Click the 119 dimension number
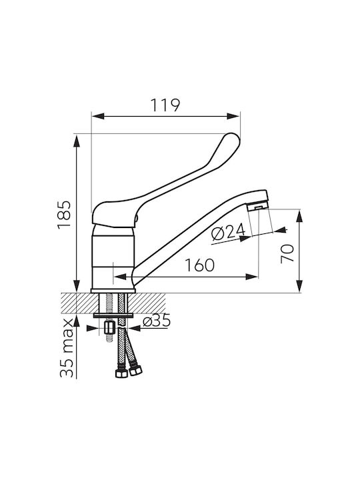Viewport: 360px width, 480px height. click(165, 105)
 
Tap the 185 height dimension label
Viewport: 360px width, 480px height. click(64, 215)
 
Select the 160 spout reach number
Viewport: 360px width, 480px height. click(199, 265)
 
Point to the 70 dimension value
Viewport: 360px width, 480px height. click(287, 254)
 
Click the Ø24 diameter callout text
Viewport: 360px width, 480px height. click(229, 231)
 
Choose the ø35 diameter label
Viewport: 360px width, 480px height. click(157, 321)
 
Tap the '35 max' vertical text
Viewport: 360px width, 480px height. click(67, 348)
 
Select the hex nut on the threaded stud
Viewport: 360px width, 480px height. click(109, 328)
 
